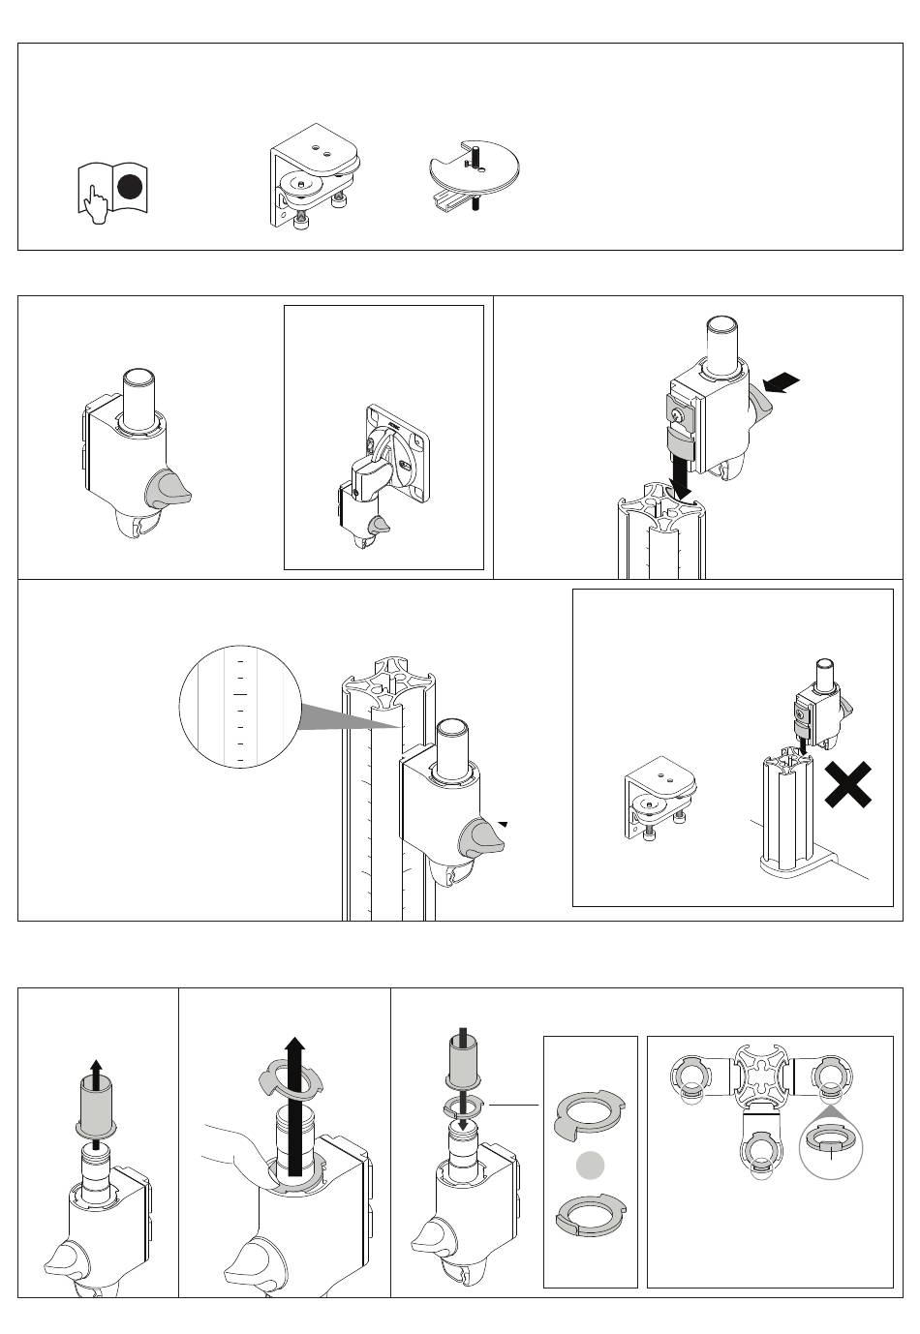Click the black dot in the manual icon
[x=131, y=189]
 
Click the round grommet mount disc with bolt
[x=474, y=173]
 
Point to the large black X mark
[x=847, y=784]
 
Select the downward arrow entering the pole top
[x=684, y=478]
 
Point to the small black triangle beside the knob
[x=503, y=824]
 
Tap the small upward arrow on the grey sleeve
[x=96, y=1074]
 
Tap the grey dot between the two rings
[x=591, y=1167]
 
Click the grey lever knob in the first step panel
[x=169, y=489]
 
